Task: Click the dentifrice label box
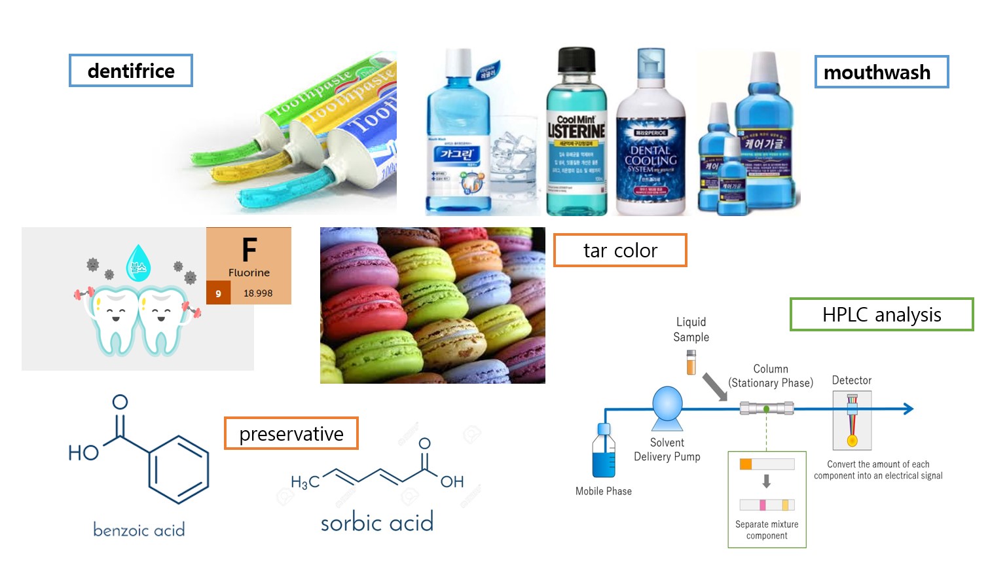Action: click(x=131, y=71)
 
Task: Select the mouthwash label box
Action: click(x=881, y=72)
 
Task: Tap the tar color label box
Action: click(x=620, y=250)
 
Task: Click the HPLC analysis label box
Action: click(x=881, y=315)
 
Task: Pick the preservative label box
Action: click(x=291, y=433)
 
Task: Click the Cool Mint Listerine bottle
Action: click(x=576, y=134)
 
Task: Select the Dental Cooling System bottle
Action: click(x=650, y=141)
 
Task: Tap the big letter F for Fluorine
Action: click(x=249, y=250)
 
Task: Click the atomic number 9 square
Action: click(x=218, y=293)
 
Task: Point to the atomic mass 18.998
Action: click(x=258, y=293)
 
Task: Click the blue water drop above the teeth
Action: click(x=138, y=263)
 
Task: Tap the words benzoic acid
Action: click(x=139, y=530)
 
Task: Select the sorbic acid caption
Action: click(x=377, y=523)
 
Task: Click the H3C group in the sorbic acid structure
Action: click(x=305, y=483)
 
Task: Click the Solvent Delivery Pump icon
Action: click(x=667, y=404)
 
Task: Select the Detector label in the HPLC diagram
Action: click(x=851, y=380)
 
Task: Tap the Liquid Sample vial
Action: click(x=691, y=362)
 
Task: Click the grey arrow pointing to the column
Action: click(x=715, y=386)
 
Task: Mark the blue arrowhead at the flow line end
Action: click(x=908, y=409)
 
